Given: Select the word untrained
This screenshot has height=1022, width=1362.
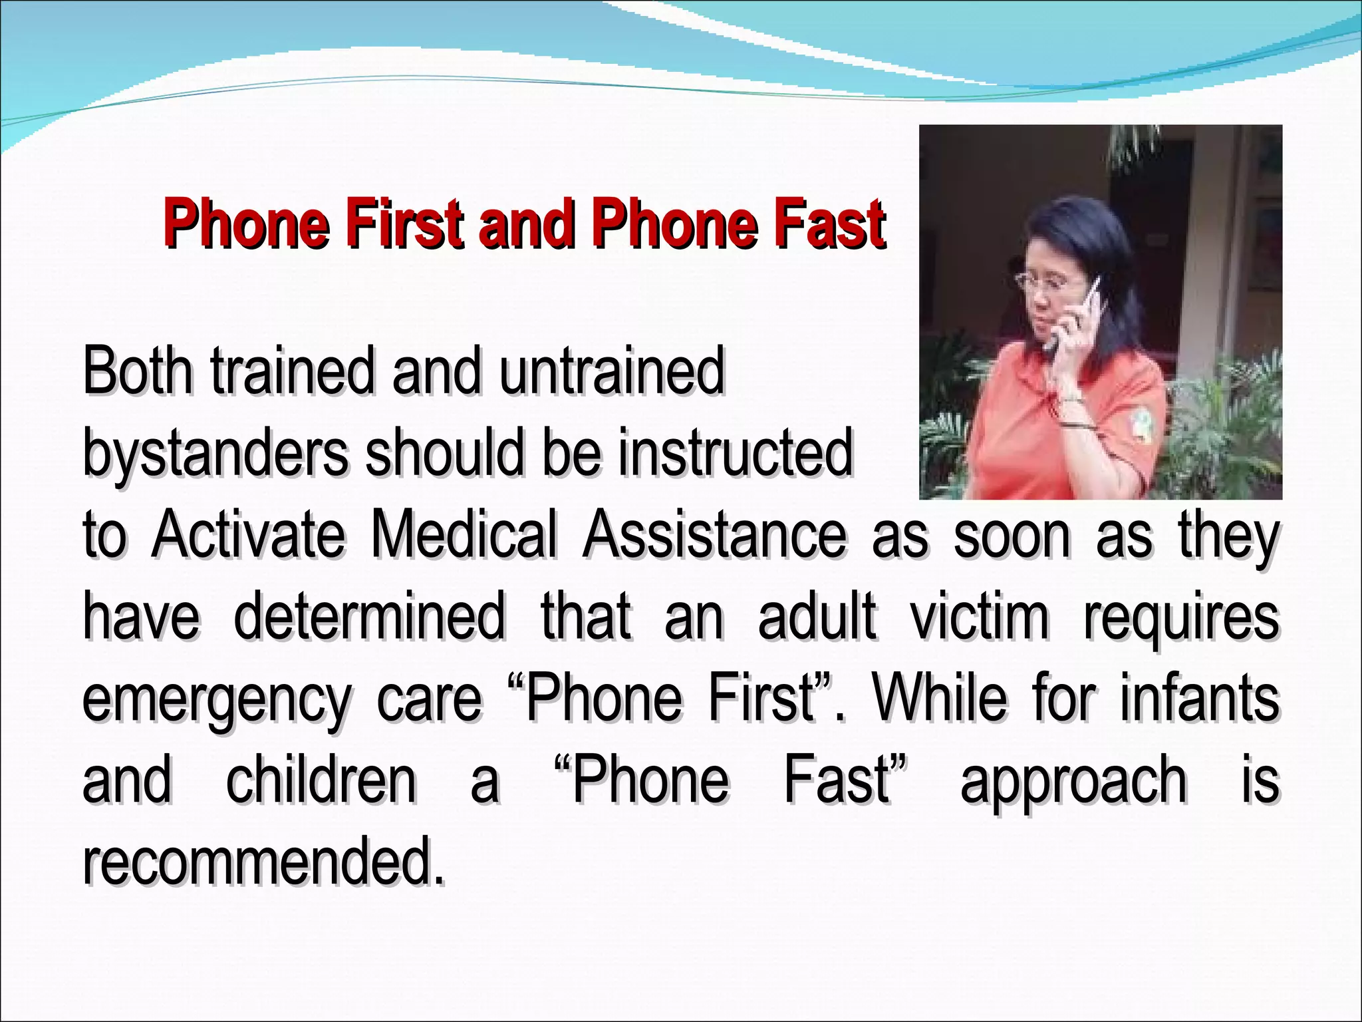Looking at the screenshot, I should coord(612,371).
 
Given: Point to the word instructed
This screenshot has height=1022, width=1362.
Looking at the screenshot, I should coord(735,452).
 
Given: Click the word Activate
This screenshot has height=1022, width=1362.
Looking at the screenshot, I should coord(248,535).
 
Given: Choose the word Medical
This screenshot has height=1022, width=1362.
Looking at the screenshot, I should coord(464,535).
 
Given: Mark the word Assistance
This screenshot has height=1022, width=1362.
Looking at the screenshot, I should coord(715,535).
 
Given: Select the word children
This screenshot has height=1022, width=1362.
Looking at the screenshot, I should coord(321,780).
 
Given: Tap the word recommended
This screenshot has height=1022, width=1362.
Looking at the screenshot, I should coord(263,862).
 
